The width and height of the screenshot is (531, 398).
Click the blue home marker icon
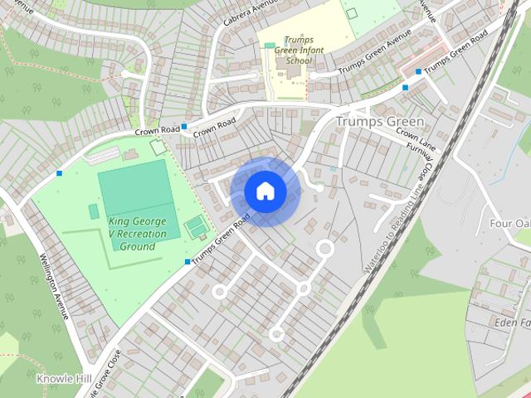click(265, 192)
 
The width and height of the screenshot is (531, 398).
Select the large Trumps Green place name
click(379, 122)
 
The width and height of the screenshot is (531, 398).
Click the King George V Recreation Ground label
click(137, 234)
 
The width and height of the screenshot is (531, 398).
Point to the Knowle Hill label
click(60, 378)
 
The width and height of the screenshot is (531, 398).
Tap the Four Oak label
click(510, 223)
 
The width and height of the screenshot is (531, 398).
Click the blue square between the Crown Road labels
click(183, 127)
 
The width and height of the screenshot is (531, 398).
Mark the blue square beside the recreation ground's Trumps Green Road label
click(187, 263)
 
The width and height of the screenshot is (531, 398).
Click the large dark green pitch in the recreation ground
click(135, 192)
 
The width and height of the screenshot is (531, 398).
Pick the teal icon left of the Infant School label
click(269, 46)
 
